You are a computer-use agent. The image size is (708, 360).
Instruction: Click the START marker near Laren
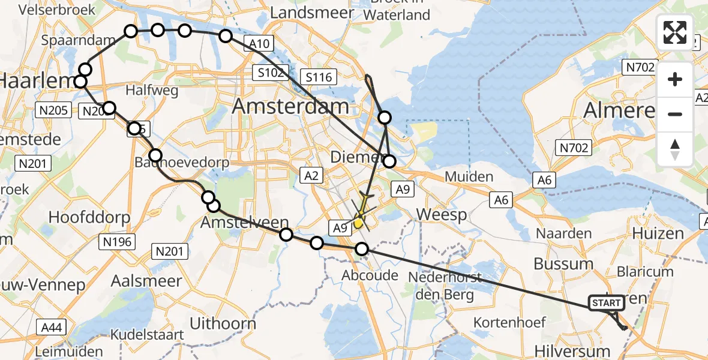607,303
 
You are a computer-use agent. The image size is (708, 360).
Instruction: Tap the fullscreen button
675,32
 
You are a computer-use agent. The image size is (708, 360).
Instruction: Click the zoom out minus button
675,114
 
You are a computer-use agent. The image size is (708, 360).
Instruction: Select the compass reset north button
675,149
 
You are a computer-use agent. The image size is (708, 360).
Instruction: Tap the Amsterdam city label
290,107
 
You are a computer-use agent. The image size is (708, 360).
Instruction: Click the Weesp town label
442,215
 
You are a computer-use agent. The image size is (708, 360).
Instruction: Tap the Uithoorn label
223,323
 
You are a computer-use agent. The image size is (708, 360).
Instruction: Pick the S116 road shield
319,76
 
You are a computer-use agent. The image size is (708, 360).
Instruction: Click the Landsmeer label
310,13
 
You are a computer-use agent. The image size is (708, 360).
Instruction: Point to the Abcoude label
370,275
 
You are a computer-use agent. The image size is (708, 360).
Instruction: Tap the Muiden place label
469,177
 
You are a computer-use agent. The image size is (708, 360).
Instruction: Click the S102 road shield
271,73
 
